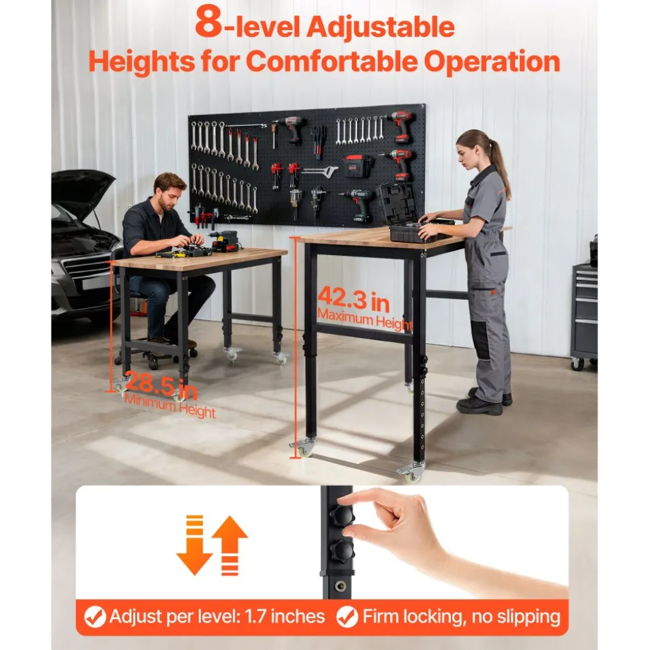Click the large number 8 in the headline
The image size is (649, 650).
[x=209, y=22]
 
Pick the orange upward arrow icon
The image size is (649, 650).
[x=229, y=546]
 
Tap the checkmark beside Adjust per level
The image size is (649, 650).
[x=95, y=617]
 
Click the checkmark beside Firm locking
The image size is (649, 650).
[x=347, y=617]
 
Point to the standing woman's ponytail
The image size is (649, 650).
[x=499, y=164]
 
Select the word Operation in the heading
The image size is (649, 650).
[x=492, y=62]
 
